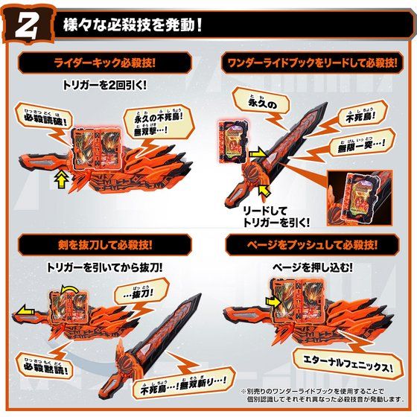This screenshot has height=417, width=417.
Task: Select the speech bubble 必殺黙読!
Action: click(x=46, y=367)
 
